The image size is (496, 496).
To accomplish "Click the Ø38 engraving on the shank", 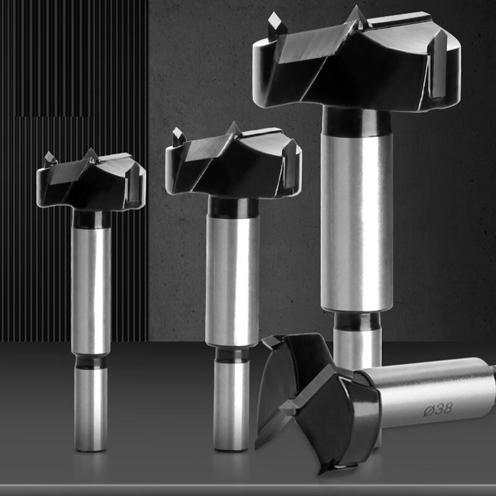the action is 438,410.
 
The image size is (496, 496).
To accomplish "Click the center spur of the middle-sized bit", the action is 234,129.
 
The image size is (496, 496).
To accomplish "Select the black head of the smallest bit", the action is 91,182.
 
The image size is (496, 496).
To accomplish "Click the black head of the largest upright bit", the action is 356,60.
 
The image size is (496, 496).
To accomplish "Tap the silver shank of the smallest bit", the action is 91,291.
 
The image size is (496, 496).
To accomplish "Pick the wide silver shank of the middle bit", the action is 232,281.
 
